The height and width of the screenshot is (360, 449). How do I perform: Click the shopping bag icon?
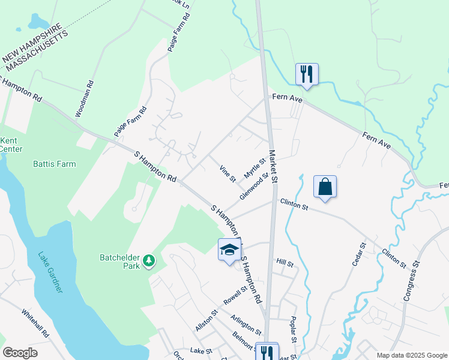pyautogui.click(x=325, y=187)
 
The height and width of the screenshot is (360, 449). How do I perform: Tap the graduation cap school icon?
pyautogui.click(x=229, y=249)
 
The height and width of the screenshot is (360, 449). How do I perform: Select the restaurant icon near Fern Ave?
pyautogui.click(x=307, y=74)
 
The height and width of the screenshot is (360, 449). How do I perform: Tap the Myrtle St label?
pyautogui.click(x=255, y=169)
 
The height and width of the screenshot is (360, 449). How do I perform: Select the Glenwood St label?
pyautogui.click(x=253, y=187)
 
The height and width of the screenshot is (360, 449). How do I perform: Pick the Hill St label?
pyautogui.click(x=285, y=263)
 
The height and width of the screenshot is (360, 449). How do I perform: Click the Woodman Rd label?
pyautogui.click(x=84, y=99)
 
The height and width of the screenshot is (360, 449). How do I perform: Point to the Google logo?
pyautogui.click(x=20, y=352)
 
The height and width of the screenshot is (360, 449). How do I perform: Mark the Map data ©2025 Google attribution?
pyautogui.click(x=411, y=355)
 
